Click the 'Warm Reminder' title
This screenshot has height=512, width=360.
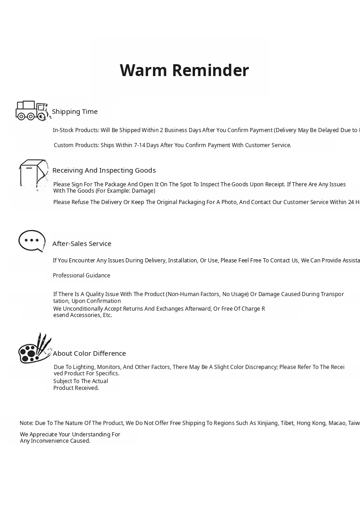pos(184,71)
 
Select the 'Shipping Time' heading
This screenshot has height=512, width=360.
pos(75,112)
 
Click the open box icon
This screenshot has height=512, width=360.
pos(33,174)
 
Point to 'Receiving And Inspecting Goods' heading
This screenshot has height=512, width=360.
pos(104,170)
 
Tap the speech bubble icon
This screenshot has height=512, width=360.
pos(32,241)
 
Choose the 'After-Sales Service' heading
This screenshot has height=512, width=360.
pos(82,244)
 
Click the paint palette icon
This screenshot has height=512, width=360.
pos(35,349)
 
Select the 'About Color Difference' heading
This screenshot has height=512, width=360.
pos(89,353)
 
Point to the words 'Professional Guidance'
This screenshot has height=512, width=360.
pos(82,276)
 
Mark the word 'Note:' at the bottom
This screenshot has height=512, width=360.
pos(26,423)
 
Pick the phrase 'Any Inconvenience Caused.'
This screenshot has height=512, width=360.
pos(55,441)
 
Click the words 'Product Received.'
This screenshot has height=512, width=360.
pos(76,388)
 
